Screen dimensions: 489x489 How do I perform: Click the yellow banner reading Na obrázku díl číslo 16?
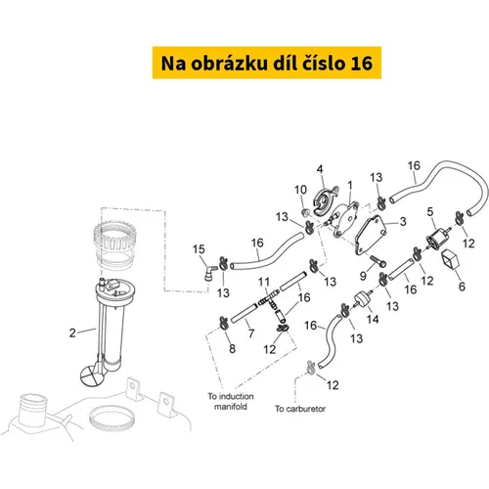(x=267, y=63)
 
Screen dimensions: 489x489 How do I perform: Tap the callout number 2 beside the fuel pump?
(x=72, y=333)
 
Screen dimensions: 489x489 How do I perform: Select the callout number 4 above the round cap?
(x=320, y=169)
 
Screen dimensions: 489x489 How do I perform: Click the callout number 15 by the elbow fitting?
(x=199, y=249)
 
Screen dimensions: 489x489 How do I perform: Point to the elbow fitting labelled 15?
(x=209, y=272)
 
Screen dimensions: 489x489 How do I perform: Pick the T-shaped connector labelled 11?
(x=269, y=299)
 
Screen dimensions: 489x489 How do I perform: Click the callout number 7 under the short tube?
(x=251, y=333)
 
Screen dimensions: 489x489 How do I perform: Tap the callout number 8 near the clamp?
(x=232, y=349)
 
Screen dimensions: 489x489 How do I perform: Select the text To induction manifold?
(x=231, y=401)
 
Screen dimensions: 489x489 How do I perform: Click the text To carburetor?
(x=300, y=409)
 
